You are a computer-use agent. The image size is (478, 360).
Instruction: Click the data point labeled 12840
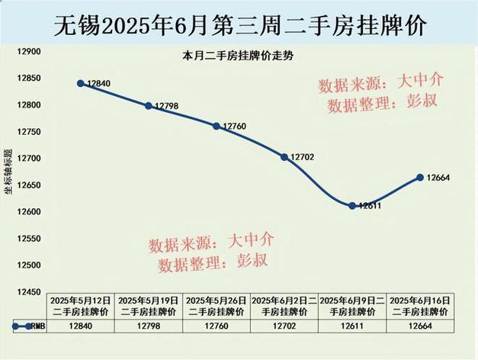tap(80, 83)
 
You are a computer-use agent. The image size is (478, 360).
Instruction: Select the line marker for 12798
tap(148, 105)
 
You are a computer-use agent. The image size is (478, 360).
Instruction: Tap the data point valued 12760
tap(216, 125)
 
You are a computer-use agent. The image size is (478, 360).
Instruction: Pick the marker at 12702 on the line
tap(284, 157)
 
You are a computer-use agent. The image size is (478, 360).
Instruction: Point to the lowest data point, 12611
tap(351, 205)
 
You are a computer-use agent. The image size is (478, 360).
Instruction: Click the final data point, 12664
tap(419, 177)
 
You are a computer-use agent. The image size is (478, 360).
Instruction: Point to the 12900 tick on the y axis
tap(28, 51)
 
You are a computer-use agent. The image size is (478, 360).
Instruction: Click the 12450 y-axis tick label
tap(28, 292)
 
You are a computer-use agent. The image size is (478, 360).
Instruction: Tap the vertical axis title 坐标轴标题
tap(8, 171)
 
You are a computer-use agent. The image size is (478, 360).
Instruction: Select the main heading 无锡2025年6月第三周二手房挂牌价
tap(239, 24)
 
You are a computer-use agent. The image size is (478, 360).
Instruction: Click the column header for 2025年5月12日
tap(81, 306)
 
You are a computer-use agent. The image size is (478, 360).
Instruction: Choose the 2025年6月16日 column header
tap(419, 306)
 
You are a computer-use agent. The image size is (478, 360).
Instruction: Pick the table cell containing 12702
tap(284, 326)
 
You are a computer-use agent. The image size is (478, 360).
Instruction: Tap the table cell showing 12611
tap(351, 326)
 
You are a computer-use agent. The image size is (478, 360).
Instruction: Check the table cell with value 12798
tap(148, 326)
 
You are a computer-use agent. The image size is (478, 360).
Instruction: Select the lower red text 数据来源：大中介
tap(211, 243)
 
